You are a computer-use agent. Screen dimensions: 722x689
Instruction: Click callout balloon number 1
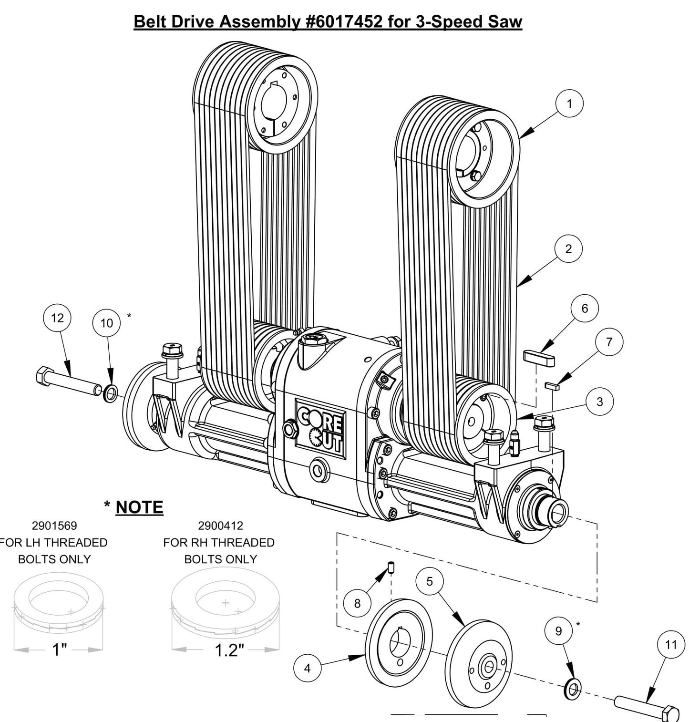point(569,103)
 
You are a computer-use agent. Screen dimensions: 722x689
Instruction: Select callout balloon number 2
point(568,249)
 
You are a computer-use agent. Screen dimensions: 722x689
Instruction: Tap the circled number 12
point(57,318)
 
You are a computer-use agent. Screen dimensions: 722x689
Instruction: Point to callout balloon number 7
point(609,342)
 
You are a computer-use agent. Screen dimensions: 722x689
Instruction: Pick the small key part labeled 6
point(539,357)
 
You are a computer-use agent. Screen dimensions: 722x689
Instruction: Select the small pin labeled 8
point(391,567)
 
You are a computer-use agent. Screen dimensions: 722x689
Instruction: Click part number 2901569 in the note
point(54,526)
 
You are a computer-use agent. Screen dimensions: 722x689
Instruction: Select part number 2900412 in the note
point(220,526)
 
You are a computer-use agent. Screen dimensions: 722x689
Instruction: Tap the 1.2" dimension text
point(229,650)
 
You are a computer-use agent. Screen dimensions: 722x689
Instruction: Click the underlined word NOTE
point(139,507)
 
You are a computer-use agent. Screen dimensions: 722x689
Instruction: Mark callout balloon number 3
point(600,402)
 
